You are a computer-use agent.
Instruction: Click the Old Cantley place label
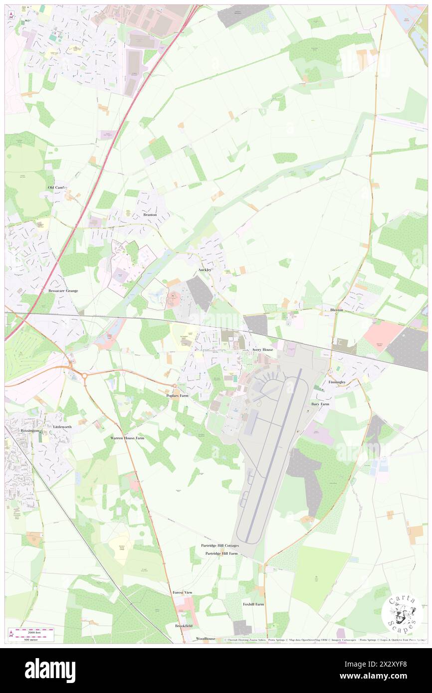click(x=58, y=187)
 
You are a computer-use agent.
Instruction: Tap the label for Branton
click(x=150, y=215)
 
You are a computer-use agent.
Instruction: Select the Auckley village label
click(x=205, y=270)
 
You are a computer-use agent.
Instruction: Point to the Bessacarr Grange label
click(x=63, y=290)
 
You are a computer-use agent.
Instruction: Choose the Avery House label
click(x=262, y=350)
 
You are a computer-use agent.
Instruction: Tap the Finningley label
click(x=337, y=382)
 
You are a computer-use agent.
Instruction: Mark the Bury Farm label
click(x=320, y=404)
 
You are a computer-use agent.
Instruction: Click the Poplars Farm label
click(x=177, y=395)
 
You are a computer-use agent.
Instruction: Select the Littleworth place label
click(x=62, y=427)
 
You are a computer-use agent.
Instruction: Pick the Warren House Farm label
click(x=127, y=438)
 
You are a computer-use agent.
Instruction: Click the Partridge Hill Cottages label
click(x=220, y=545)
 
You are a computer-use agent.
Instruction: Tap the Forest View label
click(x=183, y=592)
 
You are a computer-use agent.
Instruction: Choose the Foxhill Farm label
click(x=253, y=604)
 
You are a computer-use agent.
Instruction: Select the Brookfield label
click(x=184, y=626)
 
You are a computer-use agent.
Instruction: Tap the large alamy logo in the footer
click(x=50, y=670)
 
